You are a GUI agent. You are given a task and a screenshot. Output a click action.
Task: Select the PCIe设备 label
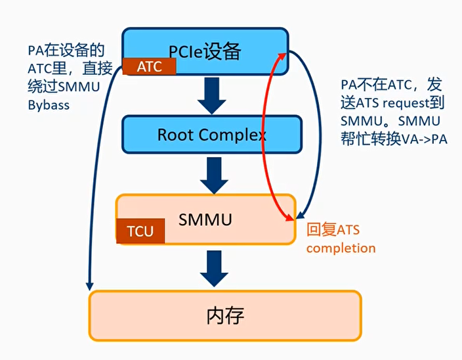pyautogui.click(x=205, y=50)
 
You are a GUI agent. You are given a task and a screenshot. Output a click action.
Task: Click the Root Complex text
pyautogui.click(x=211, y=135)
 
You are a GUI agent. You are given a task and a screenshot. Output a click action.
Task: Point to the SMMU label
pyautogui.click(x=205, y=219)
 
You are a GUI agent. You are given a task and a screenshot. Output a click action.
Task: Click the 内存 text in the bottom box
pyautogui.click(x=225, y=316)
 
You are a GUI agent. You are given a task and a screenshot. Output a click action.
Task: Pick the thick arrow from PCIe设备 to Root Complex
pyautogui.click(x=212, y=95)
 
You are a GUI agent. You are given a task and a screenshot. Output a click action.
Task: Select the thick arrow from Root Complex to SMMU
pyautogui.click(x=212, y=175)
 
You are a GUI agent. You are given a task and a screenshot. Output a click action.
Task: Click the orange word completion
pyautogui.click(x=341, y=248)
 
